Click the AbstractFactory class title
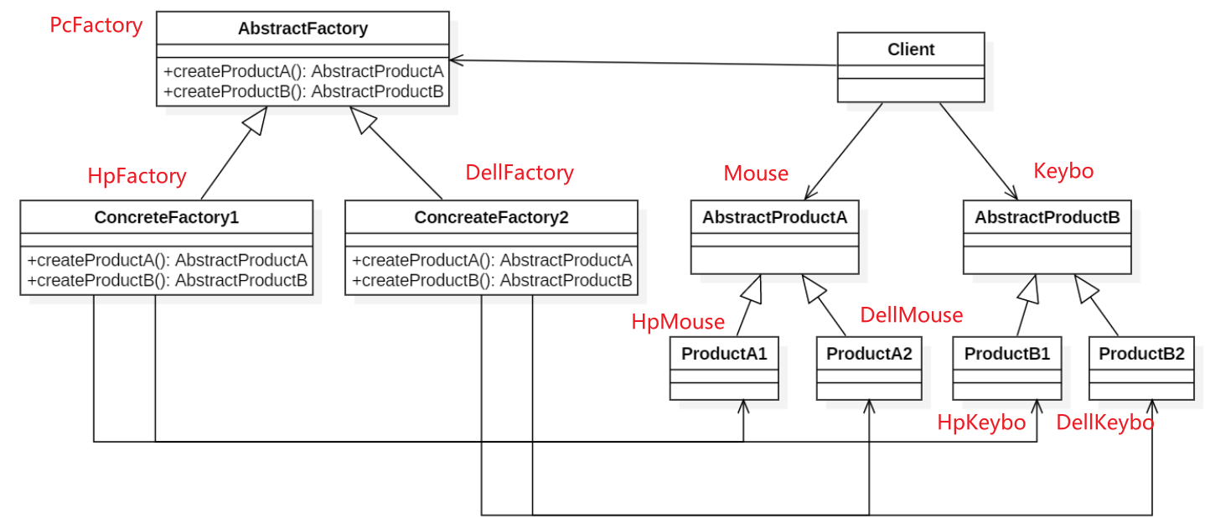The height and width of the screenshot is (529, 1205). pos(303,29)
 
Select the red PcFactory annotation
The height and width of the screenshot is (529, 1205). pos(96,26)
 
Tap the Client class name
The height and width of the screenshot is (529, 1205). pos(911,49)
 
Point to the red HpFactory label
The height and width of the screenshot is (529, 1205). pos(137,176)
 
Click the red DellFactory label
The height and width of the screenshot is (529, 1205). pos(520,174)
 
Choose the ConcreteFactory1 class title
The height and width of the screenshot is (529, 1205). pos(167,218)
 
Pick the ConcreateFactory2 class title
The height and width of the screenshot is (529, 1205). pos(491,218)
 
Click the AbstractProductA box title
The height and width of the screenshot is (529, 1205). pos(774,218)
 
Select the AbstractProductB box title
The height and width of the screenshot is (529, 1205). pos(1047,218)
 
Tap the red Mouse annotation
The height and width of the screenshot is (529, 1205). pos(756,174)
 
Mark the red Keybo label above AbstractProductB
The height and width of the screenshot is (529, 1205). pos(1063,172)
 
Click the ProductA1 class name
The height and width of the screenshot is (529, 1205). pos(724,354)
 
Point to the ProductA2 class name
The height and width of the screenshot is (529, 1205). pos(869,354)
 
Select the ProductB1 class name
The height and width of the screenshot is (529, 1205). pos(1006,354)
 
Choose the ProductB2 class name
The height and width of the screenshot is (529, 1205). pos(1141,354)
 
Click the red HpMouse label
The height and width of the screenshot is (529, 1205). pos(678,322)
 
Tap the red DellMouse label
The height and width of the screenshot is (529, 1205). pos(912,316)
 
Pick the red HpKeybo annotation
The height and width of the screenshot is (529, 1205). pos(981,423)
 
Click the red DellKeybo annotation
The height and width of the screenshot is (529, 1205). pos(1104,423)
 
